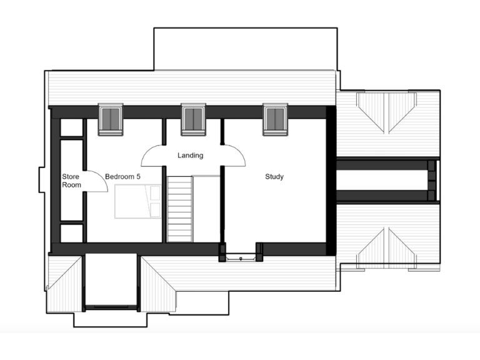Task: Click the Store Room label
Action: point(71,181)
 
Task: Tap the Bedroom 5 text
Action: point(122,177)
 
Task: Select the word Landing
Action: point(190,155)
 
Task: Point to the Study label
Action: point(274,177)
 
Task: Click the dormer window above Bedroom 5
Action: point(111,119)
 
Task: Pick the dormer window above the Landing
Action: point(193,119)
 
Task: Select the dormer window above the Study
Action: point(275,119)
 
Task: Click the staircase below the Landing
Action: point(179,209)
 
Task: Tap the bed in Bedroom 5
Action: point(137,202)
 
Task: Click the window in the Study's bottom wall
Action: point(241,256)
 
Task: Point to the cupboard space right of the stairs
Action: point(206,209)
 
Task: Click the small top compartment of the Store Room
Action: point(71,127)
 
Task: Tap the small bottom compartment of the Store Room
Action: point(71,233)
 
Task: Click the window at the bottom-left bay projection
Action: point(110,307)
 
